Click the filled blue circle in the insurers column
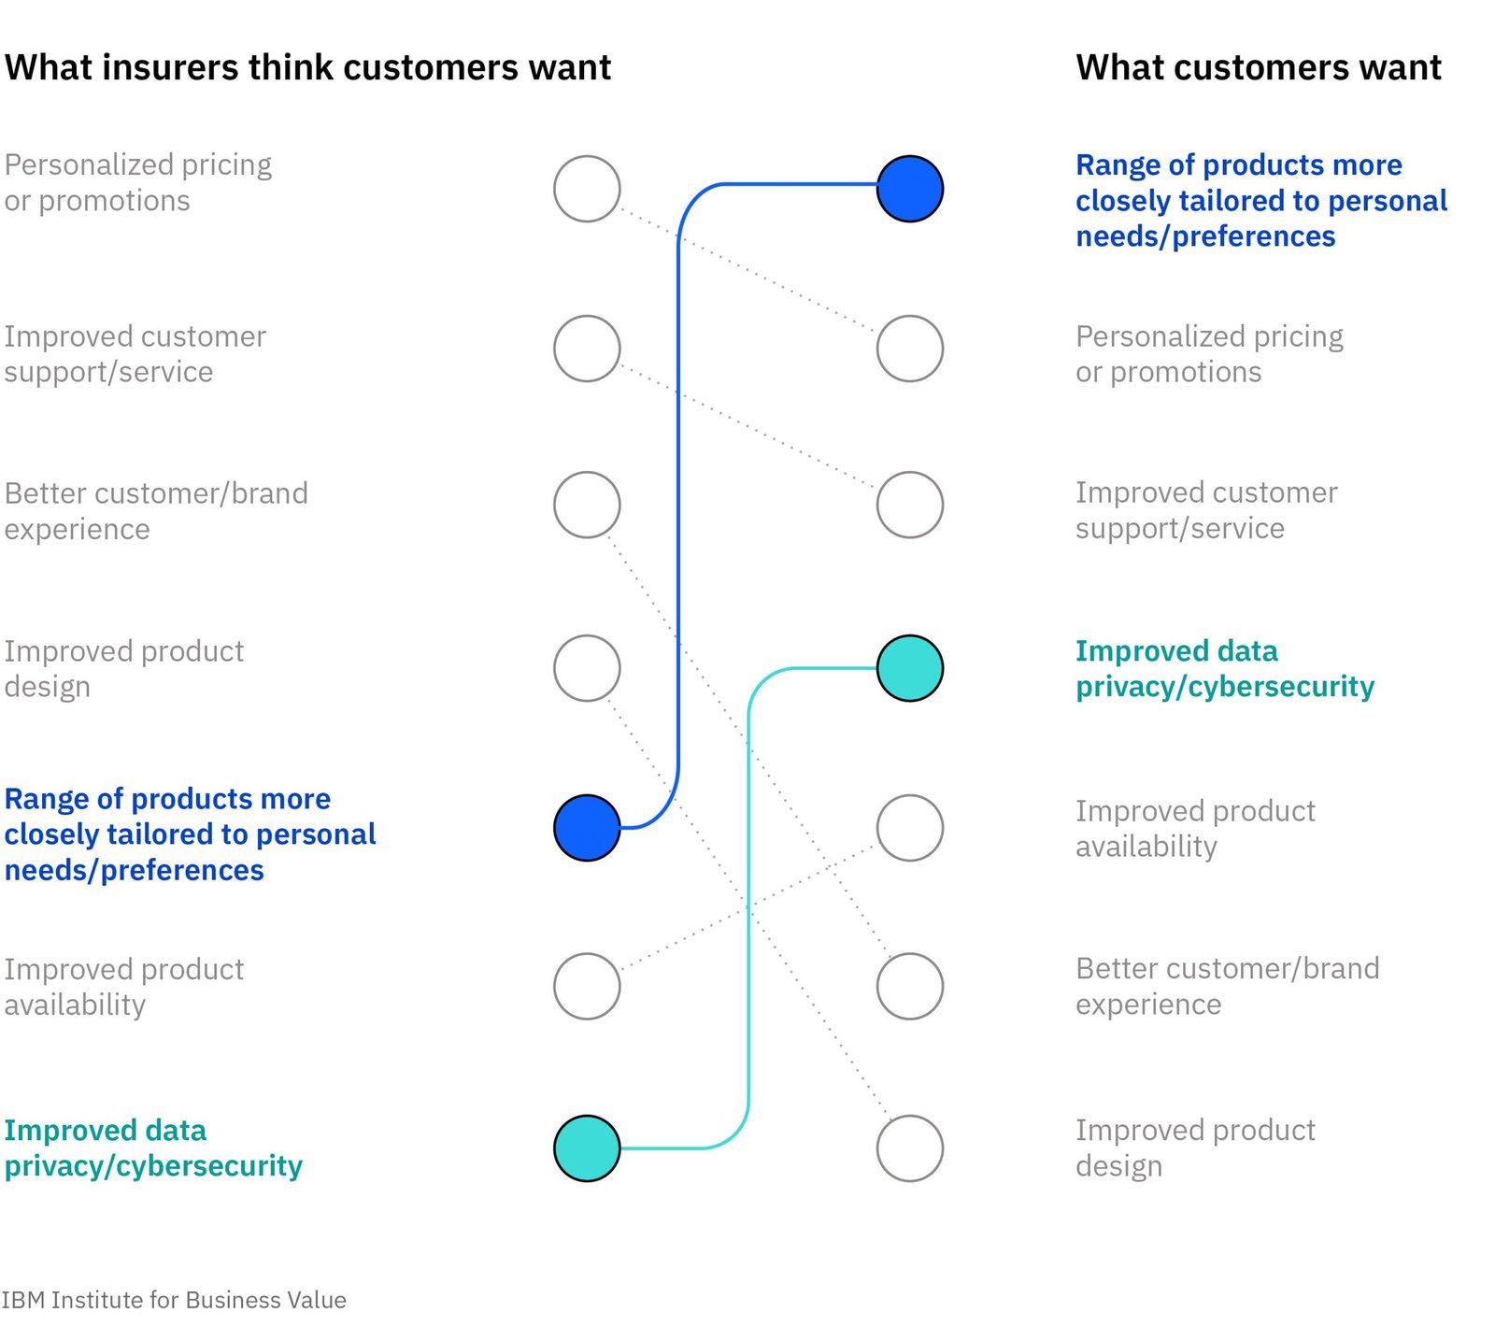(x=587, y=828)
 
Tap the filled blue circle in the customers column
(x=910, y=189)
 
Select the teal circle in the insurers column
(x=587, y=1148)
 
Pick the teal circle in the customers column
(x=910, y=668)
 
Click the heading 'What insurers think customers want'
(x=307, y=67)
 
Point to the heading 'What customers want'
(x=1259, y=67)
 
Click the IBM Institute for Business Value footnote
(x=174, y=1300)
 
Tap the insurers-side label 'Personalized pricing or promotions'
(x=138, y=182)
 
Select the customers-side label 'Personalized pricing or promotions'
(x=1209, y=354)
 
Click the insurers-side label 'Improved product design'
(x=123, y=668)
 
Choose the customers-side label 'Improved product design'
(x=1195, y=1148)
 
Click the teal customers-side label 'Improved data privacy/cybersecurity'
(x=1225, y=668)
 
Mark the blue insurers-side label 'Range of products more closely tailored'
(x=190, y=834)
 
